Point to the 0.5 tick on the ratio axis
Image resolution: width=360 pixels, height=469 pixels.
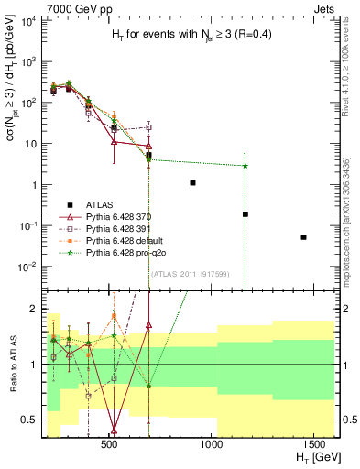pos(29,420)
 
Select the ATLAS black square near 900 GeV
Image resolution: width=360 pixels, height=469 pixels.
pos(192,183)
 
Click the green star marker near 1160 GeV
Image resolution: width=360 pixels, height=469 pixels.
pos(245,166)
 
